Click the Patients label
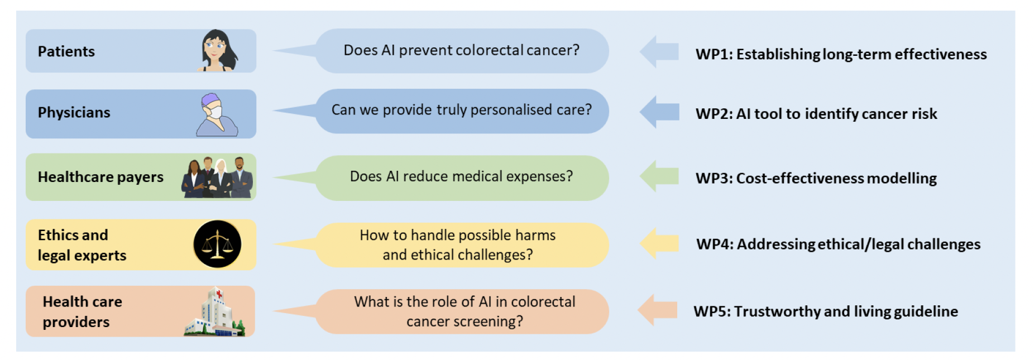click(66, 51)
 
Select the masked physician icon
click(216, 115)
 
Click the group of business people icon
click(217, 177)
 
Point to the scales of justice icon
click(217, 244)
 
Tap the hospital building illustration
click(214, 313)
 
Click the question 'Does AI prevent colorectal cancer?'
click(461, 50)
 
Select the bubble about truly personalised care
click(461, 110)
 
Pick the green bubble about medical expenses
click(461, 177)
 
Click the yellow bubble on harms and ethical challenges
click(458, 245)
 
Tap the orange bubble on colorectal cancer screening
click(465, 311)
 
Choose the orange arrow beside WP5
click(657, 310)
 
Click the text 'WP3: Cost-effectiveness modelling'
click(816, 179)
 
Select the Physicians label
click(74, 113)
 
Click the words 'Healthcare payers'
click(100, 177)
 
